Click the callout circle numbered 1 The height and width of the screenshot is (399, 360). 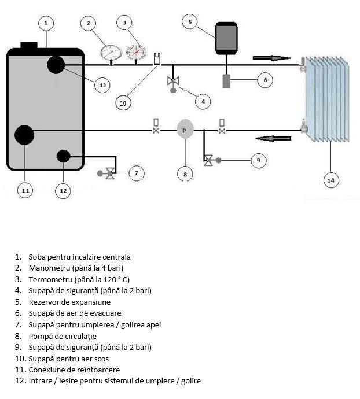pyautogui.click(x=46, y=23)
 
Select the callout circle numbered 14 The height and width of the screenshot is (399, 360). pyautogui.click(x=330, y=180)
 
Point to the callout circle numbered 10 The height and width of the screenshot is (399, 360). pyautogui.click(x=123, y=103)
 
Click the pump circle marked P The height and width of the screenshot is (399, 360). pyautogui.click(x=185, y=130)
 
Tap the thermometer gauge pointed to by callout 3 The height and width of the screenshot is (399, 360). pyautogui.click(x=136, y=52)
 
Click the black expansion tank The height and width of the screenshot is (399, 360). pyautogui.click(x=226, y=38)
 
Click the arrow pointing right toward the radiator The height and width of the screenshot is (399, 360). pyautogui.click(x=271, y=57)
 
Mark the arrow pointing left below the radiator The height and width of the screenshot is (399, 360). pyautogui.click(x=273, y=138)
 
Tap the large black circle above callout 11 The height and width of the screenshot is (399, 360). pyautogui.click(x=24, y=135)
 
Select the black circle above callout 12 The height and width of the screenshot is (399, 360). pyautogui.click(x=63, y=156)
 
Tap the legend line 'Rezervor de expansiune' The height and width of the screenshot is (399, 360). pyautogui.click(x=69, y=301)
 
